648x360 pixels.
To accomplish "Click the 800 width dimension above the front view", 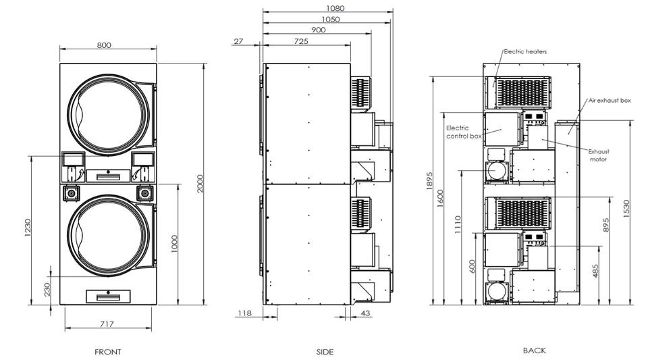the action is [104, 45].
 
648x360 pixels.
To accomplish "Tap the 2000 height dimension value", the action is [200, 184].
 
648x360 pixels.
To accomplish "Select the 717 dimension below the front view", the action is [107, 324].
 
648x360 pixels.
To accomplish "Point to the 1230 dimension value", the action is [28, 228].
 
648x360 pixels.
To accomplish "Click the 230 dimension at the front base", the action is [47, 289].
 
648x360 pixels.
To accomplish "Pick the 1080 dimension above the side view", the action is [335, 8].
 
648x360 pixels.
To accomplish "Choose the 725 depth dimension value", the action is [301, 41].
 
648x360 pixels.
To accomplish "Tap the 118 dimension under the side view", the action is [244, 313].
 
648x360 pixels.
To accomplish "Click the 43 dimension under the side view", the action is [365, 313].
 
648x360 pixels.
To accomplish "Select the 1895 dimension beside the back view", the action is [429, 180].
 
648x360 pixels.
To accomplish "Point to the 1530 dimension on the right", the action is [626, 209].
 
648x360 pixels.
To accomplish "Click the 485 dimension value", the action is [595, 271].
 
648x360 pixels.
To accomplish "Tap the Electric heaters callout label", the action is [525, 51].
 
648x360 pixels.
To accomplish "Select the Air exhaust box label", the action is [610, 101].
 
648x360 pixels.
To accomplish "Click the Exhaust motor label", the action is [599, 155].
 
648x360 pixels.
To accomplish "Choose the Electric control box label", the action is [464, 132].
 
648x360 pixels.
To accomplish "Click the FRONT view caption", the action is [108, 352].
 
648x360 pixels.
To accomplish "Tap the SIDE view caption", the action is [325, 352].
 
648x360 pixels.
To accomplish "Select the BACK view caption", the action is [535, 351].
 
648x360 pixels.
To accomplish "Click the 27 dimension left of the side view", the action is [238, 41].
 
